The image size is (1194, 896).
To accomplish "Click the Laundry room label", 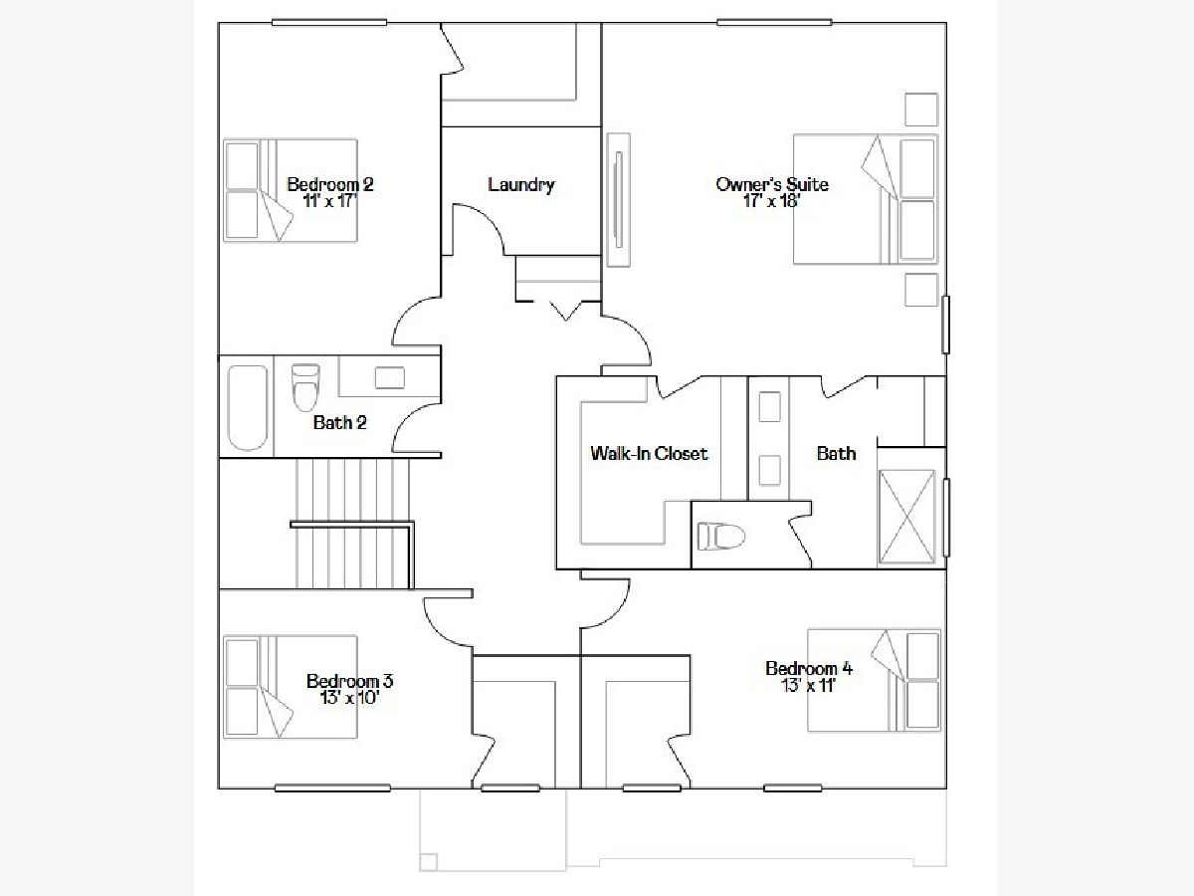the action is pyautogui.click(x=521, y=185).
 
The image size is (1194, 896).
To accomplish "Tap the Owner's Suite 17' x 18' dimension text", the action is pyautogui.click(x=771, y=201).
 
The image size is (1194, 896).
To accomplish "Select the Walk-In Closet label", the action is pyautogui.click(x=649, y=453).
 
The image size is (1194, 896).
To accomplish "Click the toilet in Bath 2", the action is pyautogui.click(x=305, y=387).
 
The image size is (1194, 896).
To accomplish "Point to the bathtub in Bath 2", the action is pyautogui.click(x=248, y=408).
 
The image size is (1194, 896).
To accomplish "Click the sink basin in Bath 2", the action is pyautogui.click(x=389, y=377).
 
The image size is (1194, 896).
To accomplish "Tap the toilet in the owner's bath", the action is pyautogui.click(x=720, y=537).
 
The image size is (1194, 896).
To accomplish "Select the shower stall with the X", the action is pyautogui.click(x=906, y=517).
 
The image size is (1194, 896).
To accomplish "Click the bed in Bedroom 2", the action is pyautogui.click(x=290, y=190).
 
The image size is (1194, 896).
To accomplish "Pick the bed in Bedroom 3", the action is pyautogui.click(x=290, y=687).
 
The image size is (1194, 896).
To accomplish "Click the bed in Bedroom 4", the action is pyautogui.click(x=875, y=681).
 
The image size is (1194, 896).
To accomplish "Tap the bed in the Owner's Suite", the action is pyautogui.click(x=866, y=199).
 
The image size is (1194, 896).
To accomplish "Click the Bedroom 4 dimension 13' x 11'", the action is pyautogui.click(x=808, y=686).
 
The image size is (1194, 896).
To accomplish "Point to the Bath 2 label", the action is pyautogui.click(x=340, y=422).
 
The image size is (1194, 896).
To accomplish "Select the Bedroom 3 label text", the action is pyautogui.click(x=349, y=681).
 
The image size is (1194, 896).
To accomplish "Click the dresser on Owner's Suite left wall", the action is pyautogui.click(x=619, y=200).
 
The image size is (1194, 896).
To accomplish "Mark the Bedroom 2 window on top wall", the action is pyautogui.click(x=329, y=22).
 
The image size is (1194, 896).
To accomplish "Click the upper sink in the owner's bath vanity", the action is pyautogui.click(x=769, y=406).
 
